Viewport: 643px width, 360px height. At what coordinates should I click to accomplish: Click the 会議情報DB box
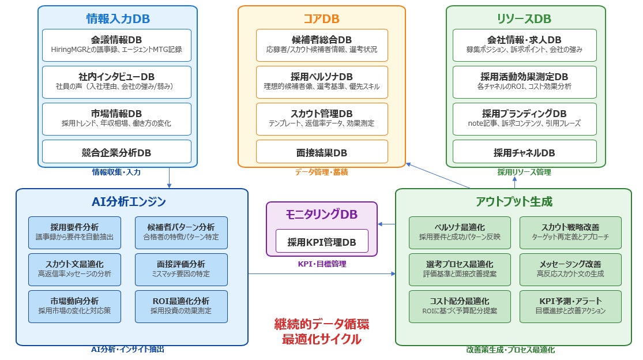pyautogui.click(x=116, y=45)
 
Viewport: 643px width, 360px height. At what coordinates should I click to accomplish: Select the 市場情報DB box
pyautogui.click(x=116, y=119)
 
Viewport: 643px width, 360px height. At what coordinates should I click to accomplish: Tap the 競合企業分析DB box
pyautogui.click(x=116, y=152)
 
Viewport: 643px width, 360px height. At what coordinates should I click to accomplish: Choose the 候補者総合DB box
pyautogui.click(x=322, y=45)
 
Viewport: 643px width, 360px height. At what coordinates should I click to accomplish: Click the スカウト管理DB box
pyautogui.click(x=322, y=119)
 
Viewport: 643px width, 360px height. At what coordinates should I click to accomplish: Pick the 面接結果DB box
pyautogui.click(x=322, y=152)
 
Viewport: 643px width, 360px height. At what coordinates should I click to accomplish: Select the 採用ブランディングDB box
pyautogui.click(x=524, y=119)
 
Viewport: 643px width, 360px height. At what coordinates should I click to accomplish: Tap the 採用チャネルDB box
pyautogui.click(x=524, y=152)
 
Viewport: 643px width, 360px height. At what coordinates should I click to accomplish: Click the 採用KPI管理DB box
pyautogui.click(x=322, y=241)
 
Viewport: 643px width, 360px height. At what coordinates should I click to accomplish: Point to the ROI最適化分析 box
pyautogui.click(x=181, y=307)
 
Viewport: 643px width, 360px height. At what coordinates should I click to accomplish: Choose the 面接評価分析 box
pyautogui.click(x=181, y=270)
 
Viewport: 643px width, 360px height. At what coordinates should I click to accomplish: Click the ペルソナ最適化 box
pyautogui.click(x=460, y=233)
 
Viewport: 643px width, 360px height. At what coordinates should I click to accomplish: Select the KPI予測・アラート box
pyautogui.click(x=570, y=307)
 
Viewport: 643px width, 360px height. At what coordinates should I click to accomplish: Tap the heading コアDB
pyautogui.click(x=322, y=18)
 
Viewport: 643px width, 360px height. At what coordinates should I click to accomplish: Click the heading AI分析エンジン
pyautogui.click(x=129, y=201)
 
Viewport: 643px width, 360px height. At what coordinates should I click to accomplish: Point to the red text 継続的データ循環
pyautogui.click(x=322, y=324)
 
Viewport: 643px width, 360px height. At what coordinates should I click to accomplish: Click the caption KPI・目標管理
pyautogui.click(x=322, y=264)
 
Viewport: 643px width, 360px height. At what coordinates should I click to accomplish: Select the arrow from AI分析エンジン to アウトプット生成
pyautogui.click(x=322, y=273)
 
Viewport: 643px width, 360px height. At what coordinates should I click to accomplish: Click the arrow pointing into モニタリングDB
pyautogui.click(x=386, y=224)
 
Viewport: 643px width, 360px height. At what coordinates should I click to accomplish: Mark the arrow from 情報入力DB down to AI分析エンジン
pyautogui.click(x=169, y=178)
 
